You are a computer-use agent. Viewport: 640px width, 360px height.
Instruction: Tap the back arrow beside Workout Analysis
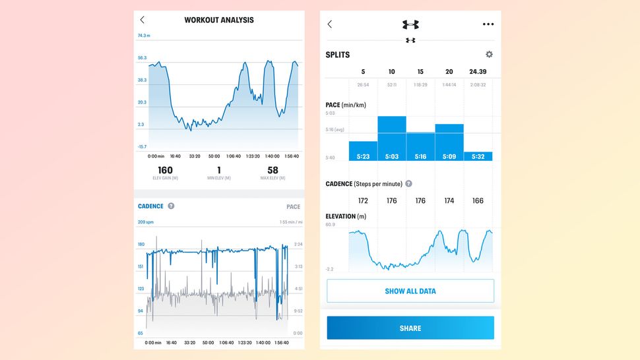click(143, 20)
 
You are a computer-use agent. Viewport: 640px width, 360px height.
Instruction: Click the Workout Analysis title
click(218, 20)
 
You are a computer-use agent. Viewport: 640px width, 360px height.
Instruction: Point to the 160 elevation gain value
click(165, 171)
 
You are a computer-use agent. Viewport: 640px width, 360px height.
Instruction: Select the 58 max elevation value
click(272, 171)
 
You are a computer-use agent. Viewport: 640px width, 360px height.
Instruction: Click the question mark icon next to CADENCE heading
click(171, 206)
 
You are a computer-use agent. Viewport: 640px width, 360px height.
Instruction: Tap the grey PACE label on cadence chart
click(293, 207)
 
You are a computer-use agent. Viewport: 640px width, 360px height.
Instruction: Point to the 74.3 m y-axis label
click(144, 36)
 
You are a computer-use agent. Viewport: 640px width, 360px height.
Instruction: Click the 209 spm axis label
click(145, 222)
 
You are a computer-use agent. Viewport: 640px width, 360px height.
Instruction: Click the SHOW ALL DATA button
click(410, 291)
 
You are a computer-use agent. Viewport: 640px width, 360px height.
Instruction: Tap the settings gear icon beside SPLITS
click(489, 55)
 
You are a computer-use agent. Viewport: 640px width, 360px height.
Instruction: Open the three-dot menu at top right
click(488, 24)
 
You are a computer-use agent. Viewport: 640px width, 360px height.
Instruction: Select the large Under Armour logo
click(410, 24)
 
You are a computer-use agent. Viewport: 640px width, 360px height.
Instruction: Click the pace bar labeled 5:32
click(478, 156)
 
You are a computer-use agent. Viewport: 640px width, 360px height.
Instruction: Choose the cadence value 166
click(478, 200)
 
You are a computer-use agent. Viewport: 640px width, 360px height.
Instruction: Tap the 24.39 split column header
click(478, 72)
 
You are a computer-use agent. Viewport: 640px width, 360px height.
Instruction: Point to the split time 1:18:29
click(420, 84)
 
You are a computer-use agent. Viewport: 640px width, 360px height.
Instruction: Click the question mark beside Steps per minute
click(408, 184)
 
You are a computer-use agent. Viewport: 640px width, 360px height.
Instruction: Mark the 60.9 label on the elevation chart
click(330, 225)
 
